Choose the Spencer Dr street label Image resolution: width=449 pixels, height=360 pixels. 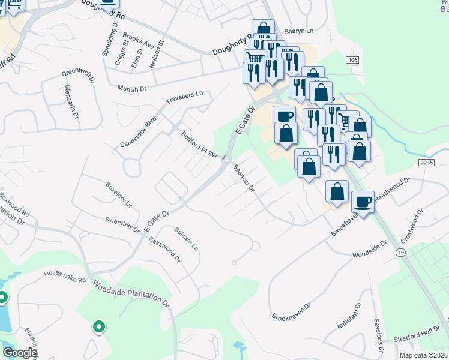click(244, 179)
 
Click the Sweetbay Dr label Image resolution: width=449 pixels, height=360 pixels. click(122, 224)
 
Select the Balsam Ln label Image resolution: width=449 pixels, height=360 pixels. click(186, 238)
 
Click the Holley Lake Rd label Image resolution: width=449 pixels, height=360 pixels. click(65, 277)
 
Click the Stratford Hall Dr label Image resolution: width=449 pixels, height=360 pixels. click(423, 334)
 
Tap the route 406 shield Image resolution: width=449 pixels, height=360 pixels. click(352, 60)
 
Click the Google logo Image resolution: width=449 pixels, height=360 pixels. click(19, 353)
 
